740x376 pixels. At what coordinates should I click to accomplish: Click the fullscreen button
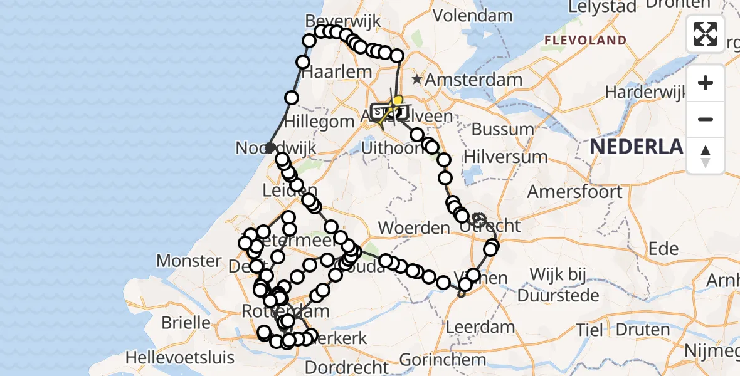706,34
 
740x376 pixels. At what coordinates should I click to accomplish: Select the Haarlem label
337,72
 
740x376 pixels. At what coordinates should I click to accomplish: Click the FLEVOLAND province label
585,41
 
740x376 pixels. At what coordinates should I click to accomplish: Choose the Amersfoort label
575,192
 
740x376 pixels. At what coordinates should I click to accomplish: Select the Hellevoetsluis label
179,358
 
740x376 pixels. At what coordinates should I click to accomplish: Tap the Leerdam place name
480,327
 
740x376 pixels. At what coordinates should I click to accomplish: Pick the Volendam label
473,14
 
